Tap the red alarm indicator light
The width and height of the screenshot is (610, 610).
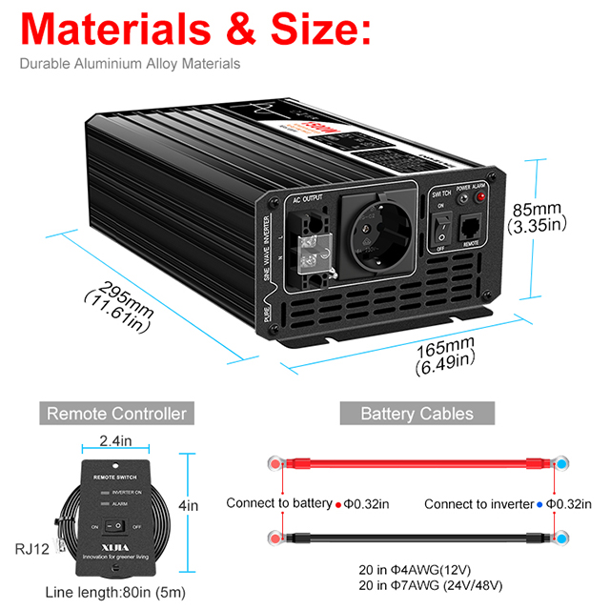pos(480,196)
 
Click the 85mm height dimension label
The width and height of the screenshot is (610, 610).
pos(539,216)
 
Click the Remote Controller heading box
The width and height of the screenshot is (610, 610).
pos(117,413)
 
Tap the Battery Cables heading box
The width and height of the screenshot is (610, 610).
pos(417,413)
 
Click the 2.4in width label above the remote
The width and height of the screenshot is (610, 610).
pos(115,442)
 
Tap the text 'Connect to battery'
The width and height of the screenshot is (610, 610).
pos(277,503)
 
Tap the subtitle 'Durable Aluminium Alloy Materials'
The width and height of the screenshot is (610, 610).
pos(130,65)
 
